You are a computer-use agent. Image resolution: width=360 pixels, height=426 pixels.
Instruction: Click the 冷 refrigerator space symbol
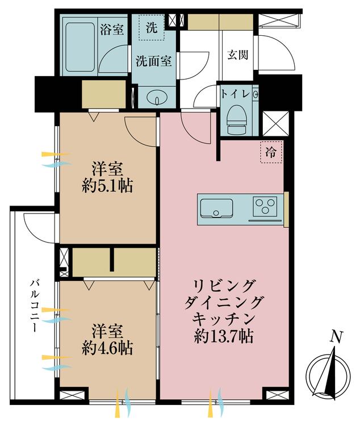[271, 152]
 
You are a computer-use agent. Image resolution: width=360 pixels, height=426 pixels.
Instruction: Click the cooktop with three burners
[265, 206]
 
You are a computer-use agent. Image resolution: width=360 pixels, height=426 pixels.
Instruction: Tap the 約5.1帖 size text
[107, 186]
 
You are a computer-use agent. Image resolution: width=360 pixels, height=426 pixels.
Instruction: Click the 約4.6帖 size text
[107, 348]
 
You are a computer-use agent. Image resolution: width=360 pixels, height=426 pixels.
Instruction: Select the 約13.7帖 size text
[222, 336]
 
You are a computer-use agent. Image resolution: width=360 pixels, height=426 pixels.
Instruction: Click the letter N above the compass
[336, 337]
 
